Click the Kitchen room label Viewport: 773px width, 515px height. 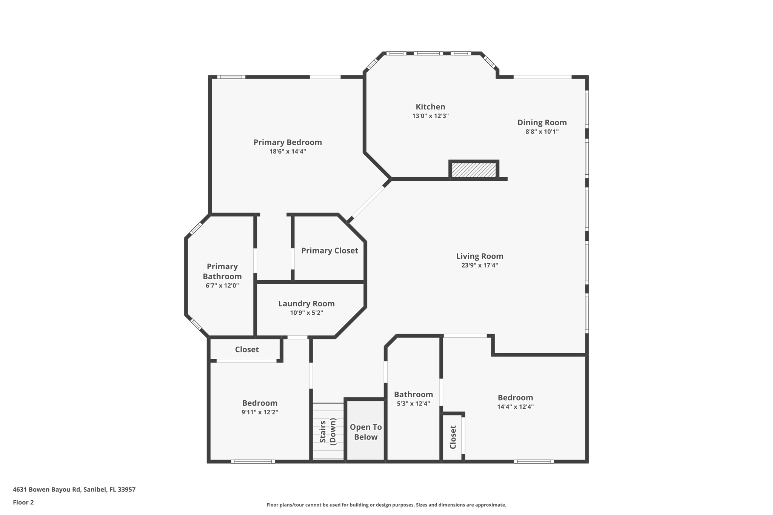430,107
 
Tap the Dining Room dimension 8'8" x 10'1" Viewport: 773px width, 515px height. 542,132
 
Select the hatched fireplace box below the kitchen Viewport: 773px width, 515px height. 474,170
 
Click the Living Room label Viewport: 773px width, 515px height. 479,256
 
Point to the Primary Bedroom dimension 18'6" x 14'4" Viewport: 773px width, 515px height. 287,152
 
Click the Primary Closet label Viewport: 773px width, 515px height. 329,251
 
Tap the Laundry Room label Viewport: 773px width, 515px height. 306,304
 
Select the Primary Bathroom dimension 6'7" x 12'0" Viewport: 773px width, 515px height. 222,286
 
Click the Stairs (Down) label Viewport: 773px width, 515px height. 328,431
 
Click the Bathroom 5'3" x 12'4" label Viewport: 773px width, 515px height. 413,395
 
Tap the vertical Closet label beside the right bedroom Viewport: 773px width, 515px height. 453,437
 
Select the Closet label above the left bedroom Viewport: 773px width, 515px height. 247,349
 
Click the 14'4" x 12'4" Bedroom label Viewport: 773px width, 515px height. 515,398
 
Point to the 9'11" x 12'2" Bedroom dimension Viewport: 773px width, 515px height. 260,412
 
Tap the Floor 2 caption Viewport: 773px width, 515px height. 23,502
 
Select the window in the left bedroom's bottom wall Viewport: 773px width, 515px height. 253,461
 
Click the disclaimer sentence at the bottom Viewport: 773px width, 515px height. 386,505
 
